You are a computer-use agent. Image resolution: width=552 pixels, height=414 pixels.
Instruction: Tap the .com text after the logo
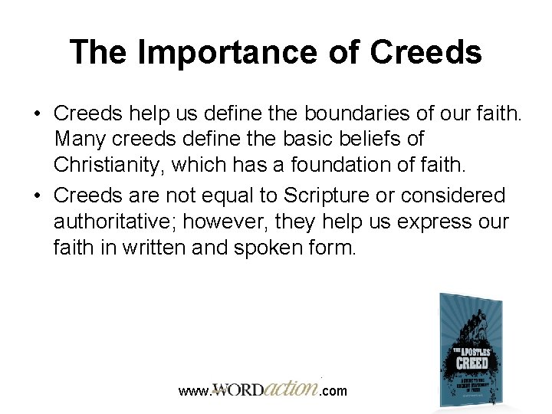pyautogui.click(x=333, y=391)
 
